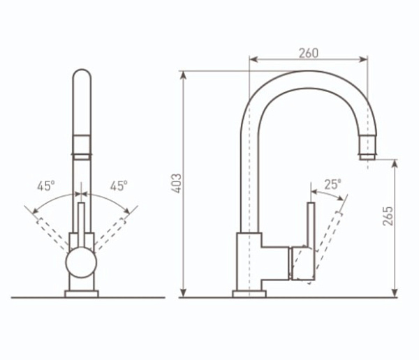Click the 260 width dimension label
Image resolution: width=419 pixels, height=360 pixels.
309,53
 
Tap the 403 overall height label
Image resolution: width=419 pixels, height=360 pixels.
177,183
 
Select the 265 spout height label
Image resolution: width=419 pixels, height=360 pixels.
388,216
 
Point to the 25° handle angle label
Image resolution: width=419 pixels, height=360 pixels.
332,184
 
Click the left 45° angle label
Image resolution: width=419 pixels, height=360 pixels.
46,186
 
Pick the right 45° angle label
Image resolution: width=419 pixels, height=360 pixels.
119,186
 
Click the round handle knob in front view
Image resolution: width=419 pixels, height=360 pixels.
81,262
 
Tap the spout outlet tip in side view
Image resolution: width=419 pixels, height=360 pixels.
368,157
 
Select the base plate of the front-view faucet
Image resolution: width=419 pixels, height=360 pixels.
82,294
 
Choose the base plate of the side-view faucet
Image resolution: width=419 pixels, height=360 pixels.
249,294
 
